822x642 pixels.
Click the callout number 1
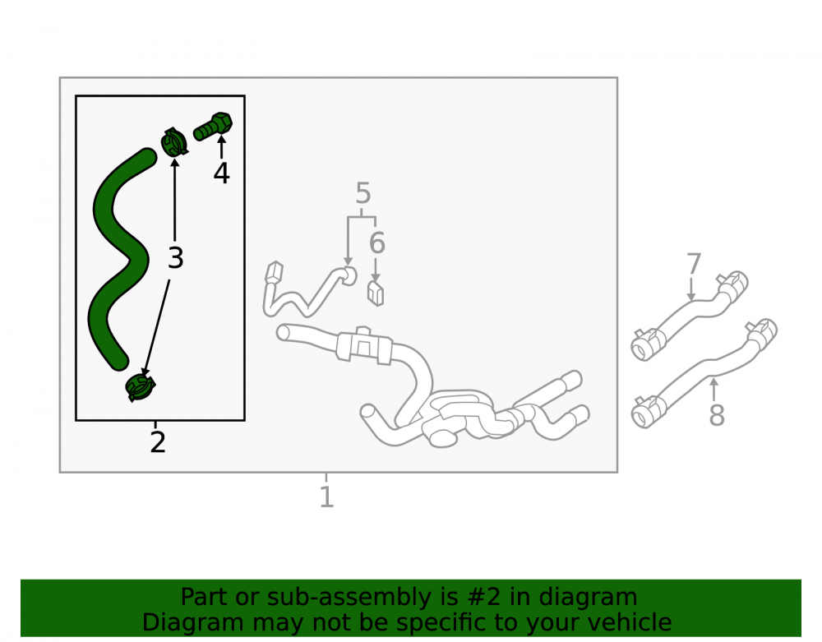click(x=326, y=497)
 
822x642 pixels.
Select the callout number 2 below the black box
click(x=158, y=442)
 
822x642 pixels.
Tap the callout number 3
click(x=176, y=258)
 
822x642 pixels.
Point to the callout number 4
click(x=221, y=173)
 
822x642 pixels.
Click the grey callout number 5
click(x=363, y=193)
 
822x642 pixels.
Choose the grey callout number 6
click(x=377, y=242)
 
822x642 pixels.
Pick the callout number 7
click(x=694, y=264)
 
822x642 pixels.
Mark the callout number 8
click(x=717, y=414)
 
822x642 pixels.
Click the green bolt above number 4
click(x=213, y=127)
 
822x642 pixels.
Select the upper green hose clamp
click(x=174, y=142)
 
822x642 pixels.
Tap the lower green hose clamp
click(x=140, y=387)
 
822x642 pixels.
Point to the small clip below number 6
click(x=376, y=293)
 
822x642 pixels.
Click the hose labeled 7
click(x=691, y=316)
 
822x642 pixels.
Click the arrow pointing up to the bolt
click(x=222, y=147)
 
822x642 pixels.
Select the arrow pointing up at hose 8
click(x=713, y=390)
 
